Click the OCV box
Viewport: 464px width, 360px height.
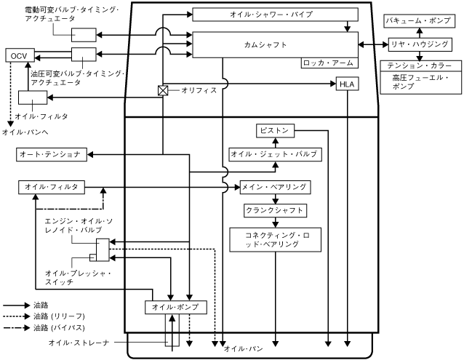tap(20, 55)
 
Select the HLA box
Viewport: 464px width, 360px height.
tap(348, 84)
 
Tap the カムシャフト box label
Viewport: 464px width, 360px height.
tap(265, 44)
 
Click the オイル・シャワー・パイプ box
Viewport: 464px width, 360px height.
tap(275, 15)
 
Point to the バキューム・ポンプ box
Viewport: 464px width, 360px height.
tap(420, 20)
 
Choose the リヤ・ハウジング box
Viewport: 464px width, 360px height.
tap(420, 44)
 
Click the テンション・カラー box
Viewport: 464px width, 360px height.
tap(421, 65)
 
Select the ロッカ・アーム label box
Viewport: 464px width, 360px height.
tap(329, 63)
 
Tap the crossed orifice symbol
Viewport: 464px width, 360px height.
tap(163, 90)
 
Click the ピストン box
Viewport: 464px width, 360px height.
tap(275, 131)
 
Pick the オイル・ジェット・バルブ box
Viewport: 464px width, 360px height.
tap(275, 154)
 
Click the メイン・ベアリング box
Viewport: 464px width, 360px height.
tap(275, 187)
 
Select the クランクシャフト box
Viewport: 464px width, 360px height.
tap(275, 211)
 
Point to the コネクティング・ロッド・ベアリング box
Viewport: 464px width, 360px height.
tap(275, 239)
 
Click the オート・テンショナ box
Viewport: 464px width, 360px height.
tap(52, 154)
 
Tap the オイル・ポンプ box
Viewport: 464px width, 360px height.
tap(176, 308)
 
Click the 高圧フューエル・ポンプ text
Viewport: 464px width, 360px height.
tap(420, 82)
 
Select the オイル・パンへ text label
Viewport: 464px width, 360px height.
tap(25, 132)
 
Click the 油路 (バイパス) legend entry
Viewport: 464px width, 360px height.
tap(44, 328)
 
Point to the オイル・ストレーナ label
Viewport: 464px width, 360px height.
tap(79, 343)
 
